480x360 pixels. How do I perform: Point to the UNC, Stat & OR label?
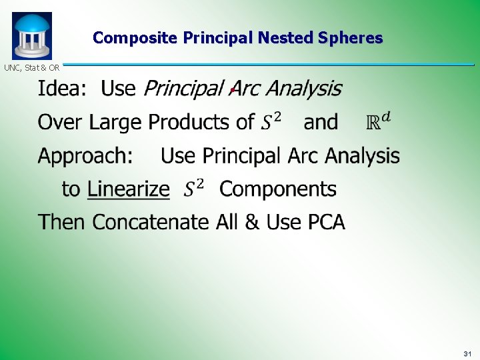click(31, 67)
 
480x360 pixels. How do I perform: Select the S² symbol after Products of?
click(270, 121)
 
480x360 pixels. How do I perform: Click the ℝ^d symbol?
click(379, 121)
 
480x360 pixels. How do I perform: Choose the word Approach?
click(85, 157)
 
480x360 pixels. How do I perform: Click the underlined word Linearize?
click(128, 189)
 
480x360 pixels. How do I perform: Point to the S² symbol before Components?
click(194, 189)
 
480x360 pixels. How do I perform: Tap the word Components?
click(278, 189)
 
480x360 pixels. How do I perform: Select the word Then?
click(63, 222)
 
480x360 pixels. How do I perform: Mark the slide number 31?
click(467, 353)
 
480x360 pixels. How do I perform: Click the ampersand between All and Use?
click(252, 222)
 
